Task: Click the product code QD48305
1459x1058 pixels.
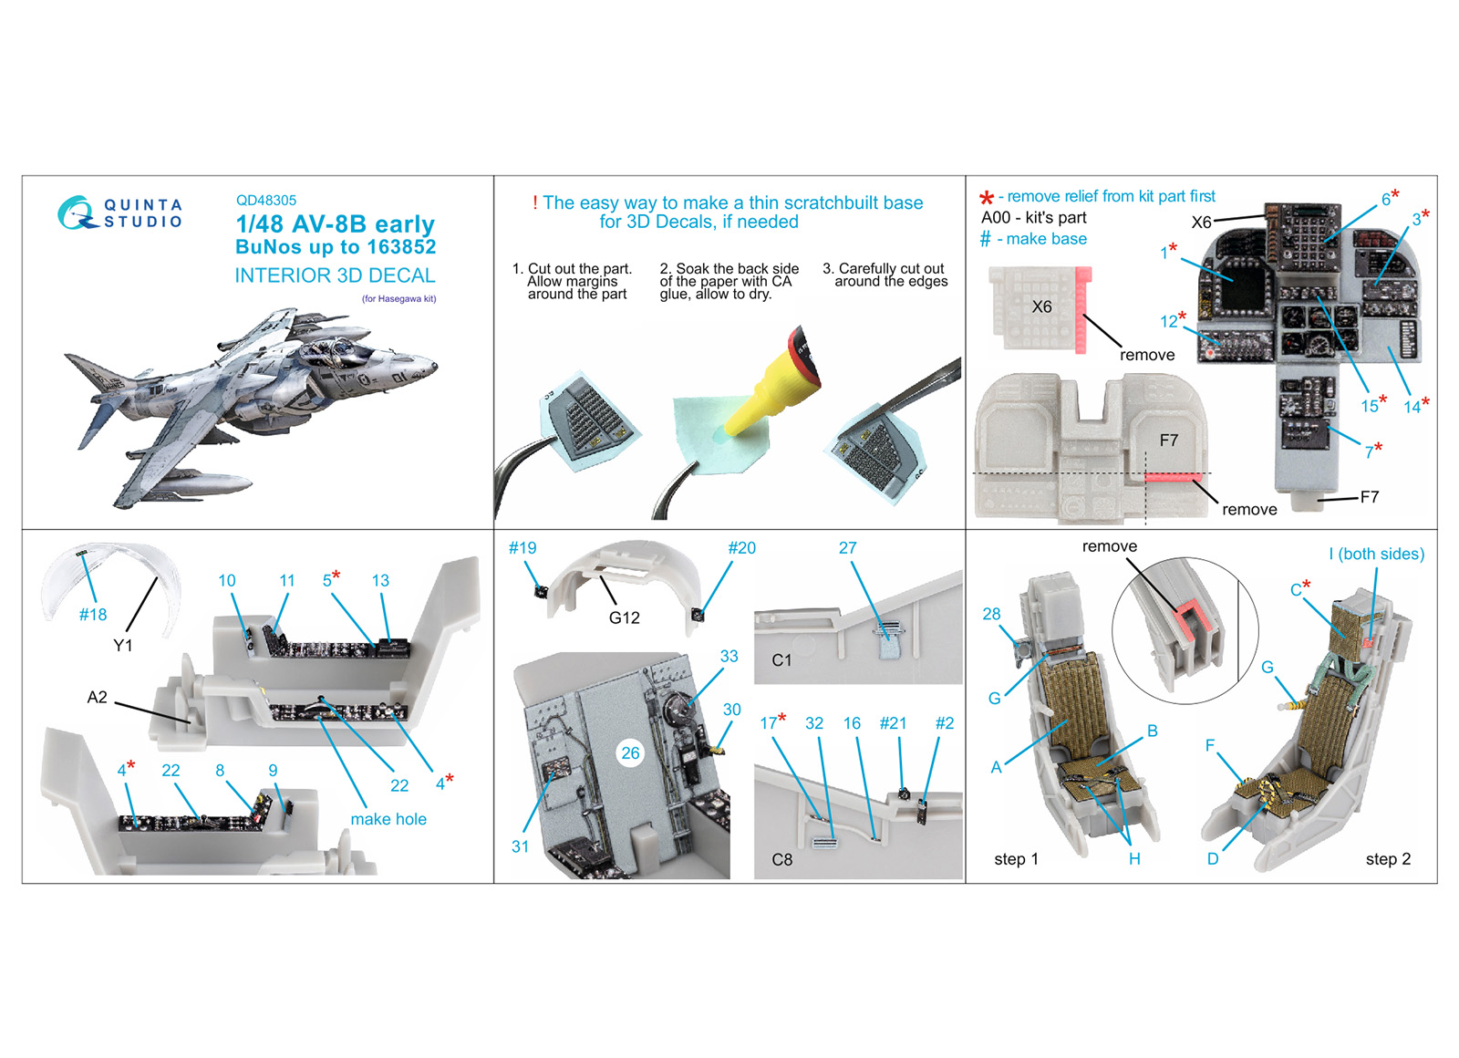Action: pos(265,201)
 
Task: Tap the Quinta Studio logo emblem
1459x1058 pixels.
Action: pos(77,213)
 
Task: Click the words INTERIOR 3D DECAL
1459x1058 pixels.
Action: pos(335,275)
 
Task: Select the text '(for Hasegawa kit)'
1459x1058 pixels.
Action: pos(398,299)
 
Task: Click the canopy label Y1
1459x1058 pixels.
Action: pos(122,646)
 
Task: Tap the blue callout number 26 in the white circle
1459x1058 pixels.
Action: pos(630,753)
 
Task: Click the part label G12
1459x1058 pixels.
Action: pos(624,617)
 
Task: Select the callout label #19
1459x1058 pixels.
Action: pos(523,548)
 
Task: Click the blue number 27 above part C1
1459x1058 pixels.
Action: pos(847,548)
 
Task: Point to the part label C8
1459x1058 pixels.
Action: pos(781,860)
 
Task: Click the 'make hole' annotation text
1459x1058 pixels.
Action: pos(388,819)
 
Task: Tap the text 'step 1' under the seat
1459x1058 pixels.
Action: pos(1016,859)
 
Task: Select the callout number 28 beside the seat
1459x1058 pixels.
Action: pos(991,614)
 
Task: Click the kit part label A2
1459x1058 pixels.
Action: pos(97,698)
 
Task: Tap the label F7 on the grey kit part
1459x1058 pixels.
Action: pos(1168,441)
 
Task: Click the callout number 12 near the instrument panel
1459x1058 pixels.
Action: pos(1168,321)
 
